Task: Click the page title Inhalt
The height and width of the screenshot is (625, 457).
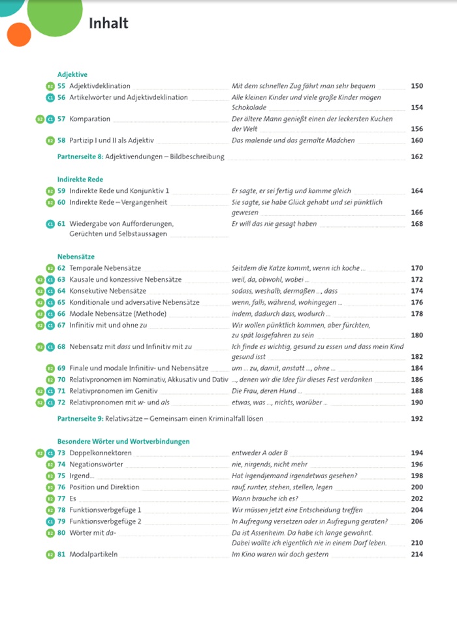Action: point(108,23)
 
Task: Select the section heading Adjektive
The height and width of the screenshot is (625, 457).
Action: point(72,74)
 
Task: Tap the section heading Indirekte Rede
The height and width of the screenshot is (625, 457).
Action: point(80,179)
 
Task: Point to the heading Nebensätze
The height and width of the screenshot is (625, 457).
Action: point(76,257)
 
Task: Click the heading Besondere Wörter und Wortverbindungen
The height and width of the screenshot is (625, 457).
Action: point(123,442)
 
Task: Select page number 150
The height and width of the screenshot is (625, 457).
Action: point(417,86)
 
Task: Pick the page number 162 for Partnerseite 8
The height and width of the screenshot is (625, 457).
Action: point(417,157)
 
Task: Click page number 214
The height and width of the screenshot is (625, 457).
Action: point(417,555)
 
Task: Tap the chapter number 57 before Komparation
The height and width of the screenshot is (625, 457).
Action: point(61,119)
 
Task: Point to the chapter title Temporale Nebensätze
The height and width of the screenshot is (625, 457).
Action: point(104,268)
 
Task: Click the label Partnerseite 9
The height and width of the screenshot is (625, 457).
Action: point(80,419)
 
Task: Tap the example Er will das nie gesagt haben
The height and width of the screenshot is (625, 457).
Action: point(274,224)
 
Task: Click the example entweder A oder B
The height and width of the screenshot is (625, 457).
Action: point(260,453)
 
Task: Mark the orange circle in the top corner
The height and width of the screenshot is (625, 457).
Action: point(20,34)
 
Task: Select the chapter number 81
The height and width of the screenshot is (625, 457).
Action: point(61,555)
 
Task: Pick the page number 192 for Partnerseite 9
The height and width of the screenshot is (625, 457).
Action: point(417,419)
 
